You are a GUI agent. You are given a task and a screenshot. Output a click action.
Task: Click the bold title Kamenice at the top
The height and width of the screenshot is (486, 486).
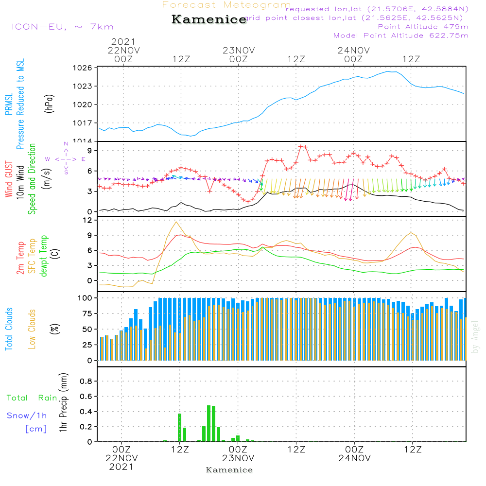click(209, 20)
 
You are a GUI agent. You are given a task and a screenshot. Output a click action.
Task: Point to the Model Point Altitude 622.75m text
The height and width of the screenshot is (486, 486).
click(401, 35)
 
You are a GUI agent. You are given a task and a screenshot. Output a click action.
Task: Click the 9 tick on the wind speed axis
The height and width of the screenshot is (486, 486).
click(89, 150)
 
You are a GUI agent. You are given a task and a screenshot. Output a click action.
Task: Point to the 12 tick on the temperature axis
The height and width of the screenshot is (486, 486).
click(87, 220)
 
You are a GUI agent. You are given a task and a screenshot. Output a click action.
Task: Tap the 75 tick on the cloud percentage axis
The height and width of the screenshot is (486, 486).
click(86, 314)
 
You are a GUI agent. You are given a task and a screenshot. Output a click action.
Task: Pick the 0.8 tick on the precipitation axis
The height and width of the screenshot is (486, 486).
click(86, 382)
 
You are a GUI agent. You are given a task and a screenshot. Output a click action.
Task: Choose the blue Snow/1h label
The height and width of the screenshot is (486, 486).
click(27, 416)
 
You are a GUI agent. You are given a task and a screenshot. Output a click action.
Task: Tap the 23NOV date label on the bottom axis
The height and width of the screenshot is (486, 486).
click(238, 458)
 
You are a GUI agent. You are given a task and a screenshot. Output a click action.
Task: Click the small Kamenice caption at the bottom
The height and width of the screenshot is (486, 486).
click(229, 470)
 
